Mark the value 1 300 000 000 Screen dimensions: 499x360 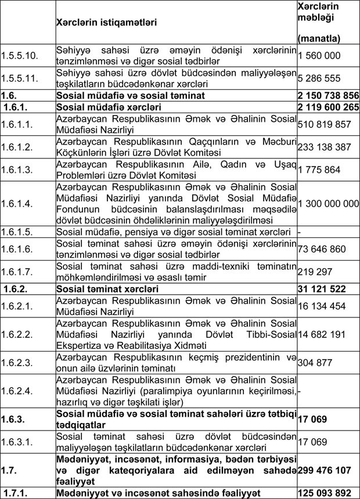click(328, 204)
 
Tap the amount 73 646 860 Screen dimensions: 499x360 click(319, 249)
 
